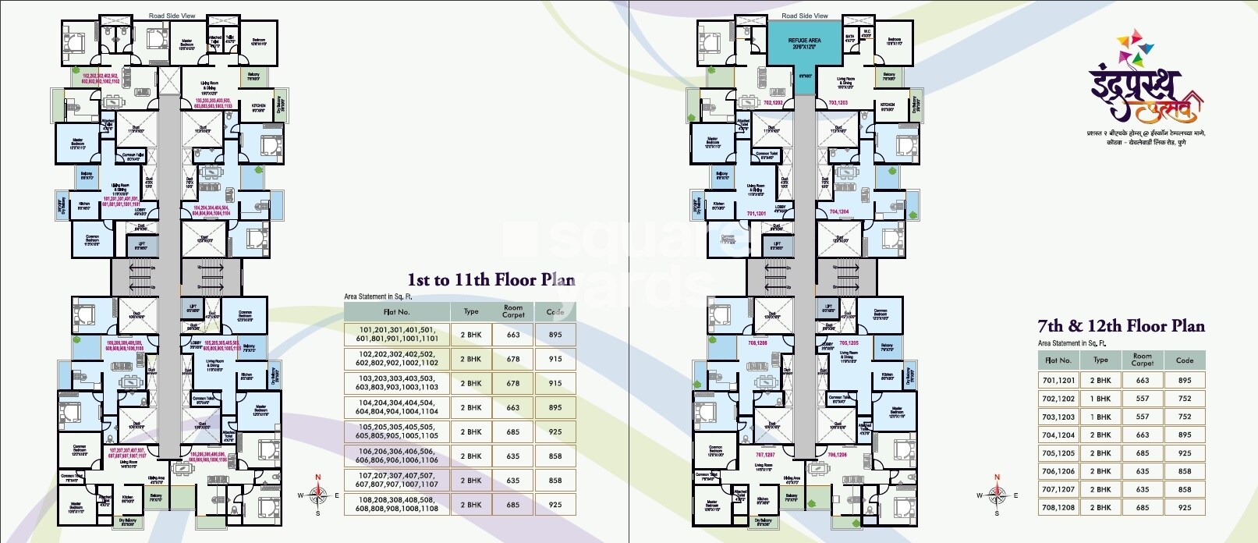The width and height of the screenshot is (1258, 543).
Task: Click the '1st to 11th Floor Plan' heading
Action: point(491,280)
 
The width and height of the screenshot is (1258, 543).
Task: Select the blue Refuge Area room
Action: point(804,46)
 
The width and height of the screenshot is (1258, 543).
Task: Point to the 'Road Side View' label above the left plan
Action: point(172,16)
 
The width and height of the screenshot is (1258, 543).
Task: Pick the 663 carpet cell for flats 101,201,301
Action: point(512,335)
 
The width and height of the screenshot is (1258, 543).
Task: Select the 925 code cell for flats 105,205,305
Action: point(555,431)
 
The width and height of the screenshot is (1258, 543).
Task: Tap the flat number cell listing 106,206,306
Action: point(396,456)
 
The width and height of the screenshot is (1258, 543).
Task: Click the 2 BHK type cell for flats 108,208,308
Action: point(471,505)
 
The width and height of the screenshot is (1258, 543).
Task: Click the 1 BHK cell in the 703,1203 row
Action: point(1100,417)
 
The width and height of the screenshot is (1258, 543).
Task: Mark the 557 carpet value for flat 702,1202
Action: point(1143,399)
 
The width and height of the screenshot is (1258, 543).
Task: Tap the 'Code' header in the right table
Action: point(1185,360)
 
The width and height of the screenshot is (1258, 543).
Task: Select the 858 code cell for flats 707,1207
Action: point(1185,489)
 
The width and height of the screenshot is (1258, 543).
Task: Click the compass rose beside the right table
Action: point(996,494)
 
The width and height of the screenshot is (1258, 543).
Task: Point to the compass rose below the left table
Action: point(317,495)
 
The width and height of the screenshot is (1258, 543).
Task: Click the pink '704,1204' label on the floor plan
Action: point(838,211)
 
